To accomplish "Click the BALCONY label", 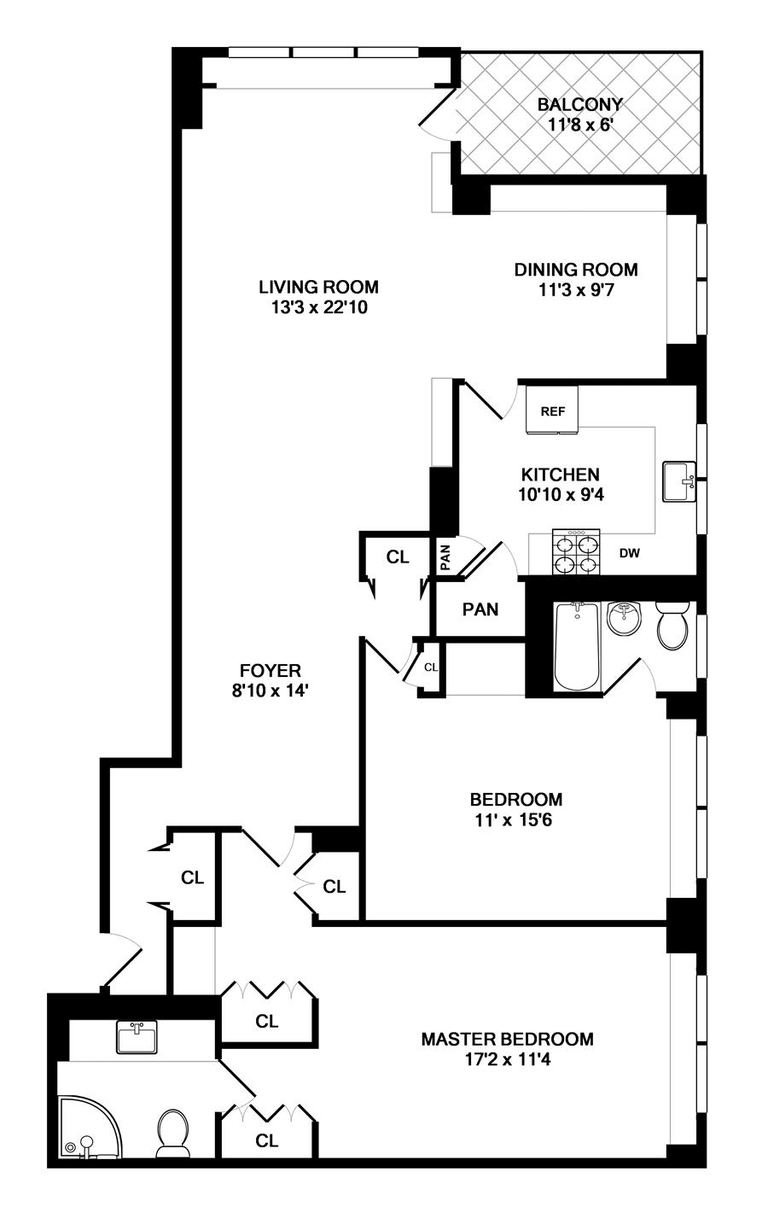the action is point(579,104).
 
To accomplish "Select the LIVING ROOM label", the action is point(318,287).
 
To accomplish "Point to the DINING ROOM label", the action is point(576,270).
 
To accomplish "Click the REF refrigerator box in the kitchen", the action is point(552,410).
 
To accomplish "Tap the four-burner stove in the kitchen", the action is point(576,551).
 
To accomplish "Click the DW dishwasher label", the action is point(629,553).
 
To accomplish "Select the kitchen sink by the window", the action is point(679,481).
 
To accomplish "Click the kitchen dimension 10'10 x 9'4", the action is point(561,494).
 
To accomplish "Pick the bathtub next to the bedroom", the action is point(578,646).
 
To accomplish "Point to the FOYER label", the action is point(271,670).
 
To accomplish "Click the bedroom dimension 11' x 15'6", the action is point(514,820).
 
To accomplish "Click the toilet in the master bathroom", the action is point(173,1133).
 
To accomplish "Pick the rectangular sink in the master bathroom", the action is point(137,1037).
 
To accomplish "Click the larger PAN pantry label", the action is point(480,609).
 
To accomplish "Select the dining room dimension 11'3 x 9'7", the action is point(576,289).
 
